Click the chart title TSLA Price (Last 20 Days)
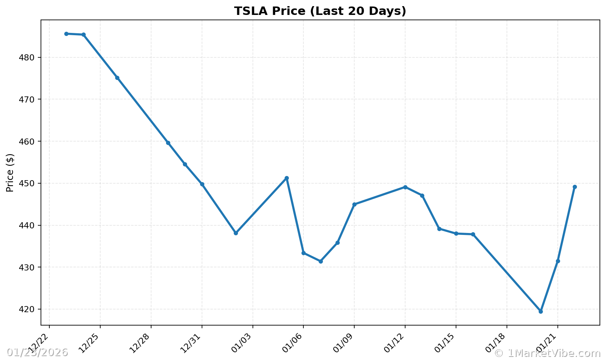(x=320, y=11)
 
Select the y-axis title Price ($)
(x=10, y=173)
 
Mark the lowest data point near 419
(x=541, y=311)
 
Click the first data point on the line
(x=66, y=34)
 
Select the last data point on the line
(x=575, y=187)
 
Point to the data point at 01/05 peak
(x=287, y=178)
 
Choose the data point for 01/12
(x=405, y=187)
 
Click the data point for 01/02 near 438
(x=236, y=233)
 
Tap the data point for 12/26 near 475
(x=117, y=78)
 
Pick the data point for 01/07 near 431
(x=321, y=261)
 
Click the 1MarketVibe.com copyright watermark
(x=547, y=353)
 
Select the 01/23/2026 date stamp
(x=37, y=352)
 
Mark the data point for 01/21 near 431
(x=558, y=261)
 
